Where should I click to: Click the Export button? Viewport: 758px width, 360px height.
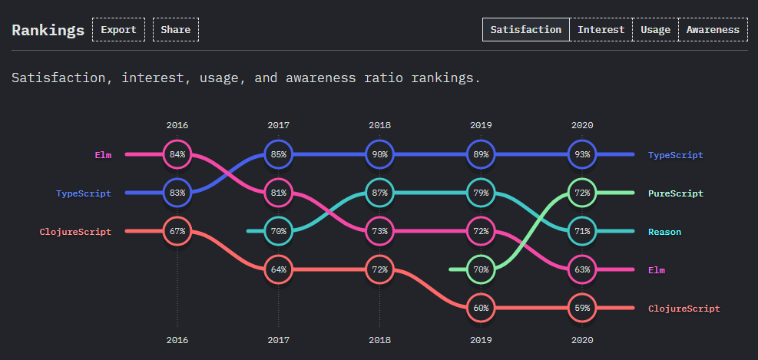pos(118,30)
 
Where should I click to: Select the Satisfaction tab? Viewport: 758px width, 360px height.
pos(526,30)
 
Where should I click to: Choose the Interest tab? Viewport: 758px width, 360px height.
pos(601,30)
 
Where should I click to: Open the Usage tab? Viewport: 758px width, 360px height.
pos(656,30)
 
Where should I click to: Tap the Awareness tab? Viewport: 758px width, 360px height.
pos(713,30)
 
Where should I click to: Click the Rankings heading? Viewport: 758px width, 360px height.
pos(48,31)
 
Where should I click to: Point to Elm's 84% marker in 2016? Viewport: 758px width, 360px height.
pos(177,154)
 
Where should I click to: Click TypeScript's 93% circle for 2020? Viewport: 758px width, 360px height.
pos(582,154)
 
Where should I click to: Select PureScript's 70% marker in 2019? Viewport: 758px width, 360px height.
pos(481,269)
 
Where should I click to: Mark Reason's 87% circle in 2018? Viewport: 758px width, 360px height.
pos(380,193)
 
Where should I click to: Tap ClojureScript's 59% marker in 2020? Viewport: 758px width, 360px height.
pos(582,308)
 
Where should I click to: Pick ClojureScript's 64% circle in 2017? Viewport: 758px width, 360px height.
pos(279,269)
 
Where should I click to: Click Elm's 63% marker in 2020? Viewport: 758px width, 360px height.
pos(582,269)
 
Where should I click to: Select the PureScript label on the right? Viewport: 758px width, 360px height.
pos(675,193)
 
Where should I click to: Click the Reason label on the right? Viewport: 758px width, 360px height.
pos(664,232)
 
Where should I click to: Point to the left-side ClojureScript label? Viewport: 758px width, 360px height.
pos(75,232)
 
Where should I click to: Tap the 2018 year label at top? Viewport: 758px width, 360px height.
pos(379,125)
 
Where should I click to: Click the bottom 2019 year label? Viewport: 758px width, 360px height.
pos(481,339)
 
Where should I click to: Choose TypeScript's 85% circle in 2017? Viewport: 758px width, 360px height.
pos(279,154)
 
